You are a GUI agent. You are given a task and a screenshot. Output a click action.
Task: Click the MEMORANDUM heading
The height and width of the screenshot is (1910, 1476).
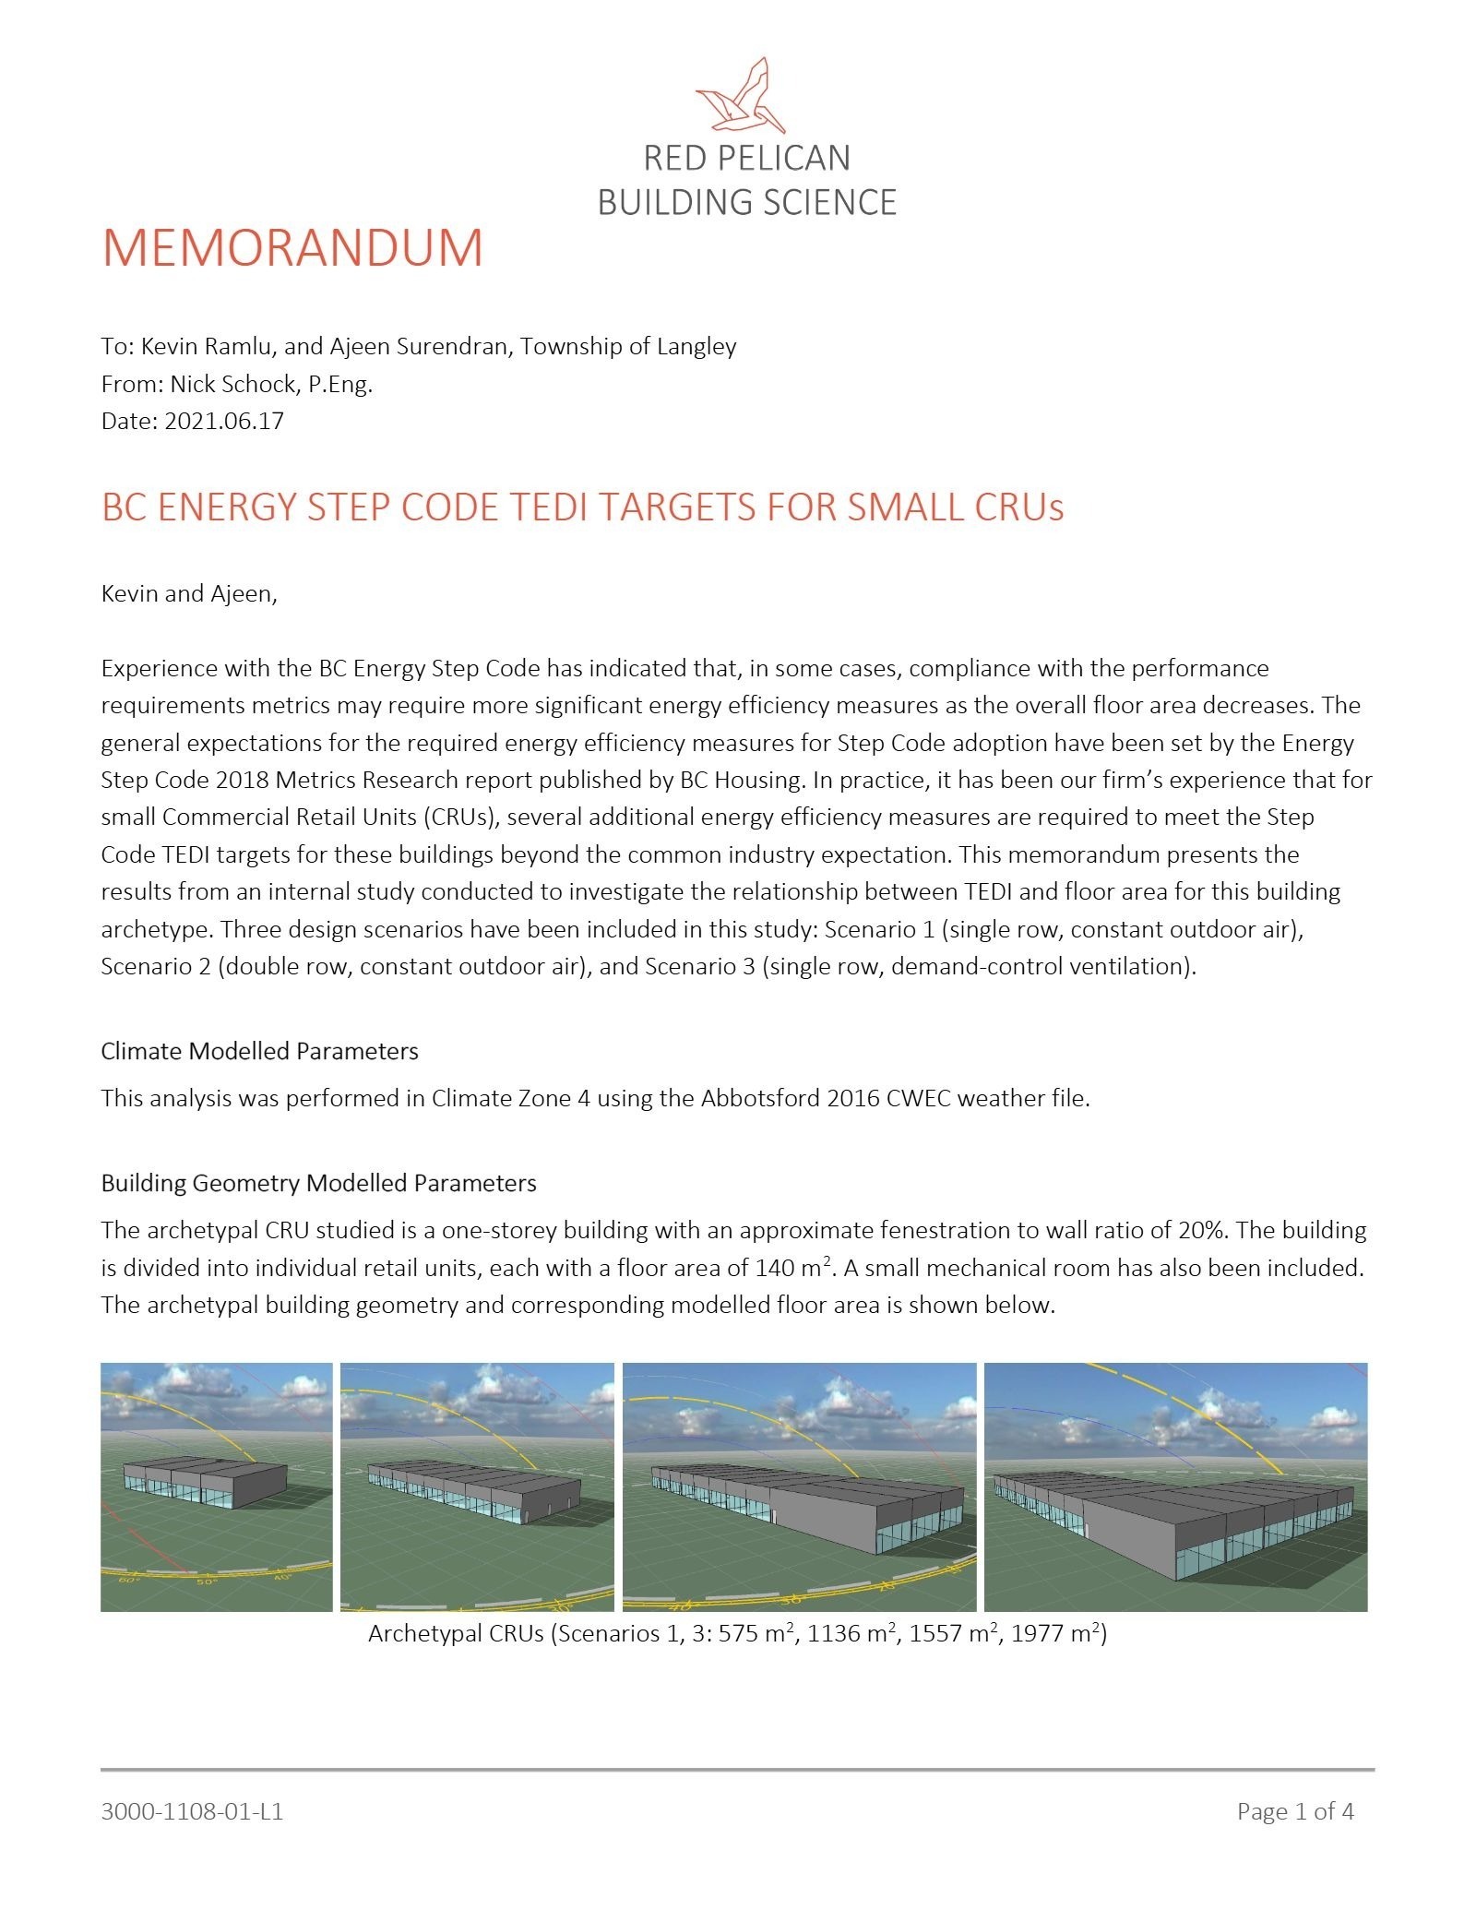point(292,247)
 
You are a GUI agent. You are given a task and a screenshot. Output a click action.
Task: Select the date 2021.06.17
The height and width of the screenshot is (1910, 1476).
point(224,422)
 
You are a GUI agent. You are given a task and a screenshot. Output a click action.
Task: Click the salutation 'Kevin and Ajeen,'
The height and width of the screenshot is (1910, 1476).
point(189,593)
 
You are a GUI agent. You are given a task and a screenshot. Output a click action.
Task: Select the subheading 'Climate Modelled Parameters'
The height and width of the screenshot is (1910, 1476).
point(259,1051)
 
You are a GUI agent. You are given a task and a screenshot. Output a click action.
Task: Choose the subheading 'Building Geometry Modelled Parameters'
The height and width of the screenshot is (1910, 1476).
point(318,1183)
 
